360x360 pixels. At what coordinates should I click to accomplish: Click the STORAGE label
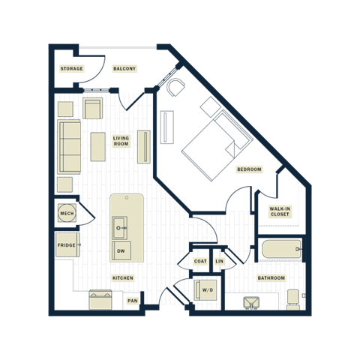click(x=71, y=69)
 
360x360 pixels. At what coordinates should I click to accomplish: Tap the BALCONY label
click(x=124, y=69)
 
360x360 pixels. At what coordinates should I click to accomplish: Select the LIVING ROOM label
click(x=121, y=141)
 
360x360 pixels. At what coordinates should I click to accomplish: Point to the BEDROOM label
click(x=249, y=169)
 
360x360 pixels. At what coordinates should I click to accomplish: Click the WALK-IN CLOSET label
click(x=279, y=212)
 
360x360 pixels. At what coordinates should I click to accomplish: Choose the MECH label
click(x=67, y=214)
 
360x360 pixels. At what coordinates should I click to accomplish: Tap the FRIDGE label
click(x=67, y=244)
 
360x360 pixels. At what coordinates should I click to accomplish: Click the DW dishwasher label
click(x=121, y=251)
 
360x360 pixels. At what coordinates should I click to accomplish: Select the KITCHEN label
click(x=122, y=277)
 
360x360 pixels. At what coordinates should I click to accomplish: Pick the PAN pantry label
click(x=133, y=301)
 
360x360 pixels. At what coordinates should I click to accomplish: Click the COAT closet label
click(x=200, y=261)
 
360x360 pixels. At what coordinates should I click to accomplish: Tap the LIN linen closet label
click(x=219, y=261)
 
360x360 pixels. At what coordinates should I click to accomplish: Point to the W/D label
click(x=207, y=289)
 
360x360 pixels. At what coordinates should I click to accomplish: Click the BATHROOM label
click(x=271, y=277)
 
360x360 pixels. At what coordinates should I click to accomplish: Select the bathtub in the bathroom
click(x=280, y=249)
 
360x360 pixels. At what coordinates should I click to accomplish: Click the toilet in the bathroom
click(x=293, y=299)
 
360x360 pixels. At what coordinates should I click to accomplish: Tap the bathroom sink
click(x=250, y=302)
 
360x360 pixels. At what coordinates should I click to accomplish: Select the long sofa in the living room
click(x=70, y=145)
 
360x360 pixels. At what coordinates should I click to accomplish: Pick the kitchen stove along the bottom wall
click(x=100, y=300)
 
